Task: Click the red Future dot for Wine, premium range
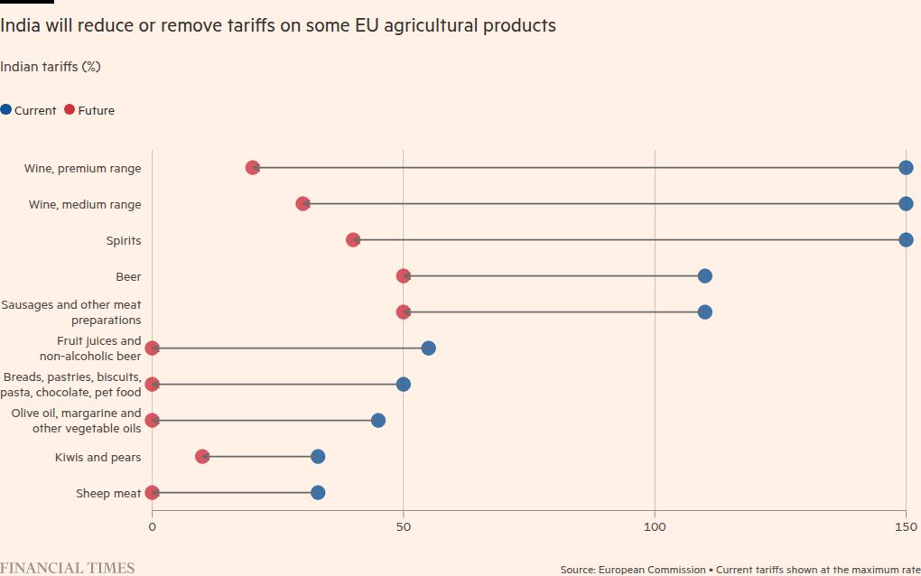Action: coord(253,168)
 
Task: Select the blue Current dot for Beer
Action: coord(705,276)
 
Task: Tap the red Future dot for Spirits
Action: coord(353,240)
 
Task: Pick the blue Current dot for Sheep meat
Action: coord(318,493)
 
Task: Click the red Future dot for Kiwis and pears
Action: coord(202,457)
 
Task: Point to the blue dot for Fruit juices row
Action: coord(429,348)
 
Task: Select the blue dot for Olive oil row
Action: coord(378,421)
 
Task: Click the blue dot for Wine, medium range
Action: coord(906,204)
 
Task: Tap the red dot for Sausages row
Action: coord(404,312)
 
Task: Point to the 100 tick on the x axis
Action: coord(655,526)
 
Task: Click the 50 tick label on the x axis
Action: coord(404,526)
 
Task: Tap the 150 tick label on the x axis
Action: coord(906,526)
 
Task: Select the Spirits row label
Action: coord(124,241)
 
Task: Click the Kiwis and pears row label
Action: coord(98,458)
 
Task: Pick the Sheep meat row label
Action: coord(108,494)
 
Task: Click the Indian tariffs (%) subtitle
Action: coord(50,67)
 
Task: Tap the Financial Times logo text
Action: coord(68,568)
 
